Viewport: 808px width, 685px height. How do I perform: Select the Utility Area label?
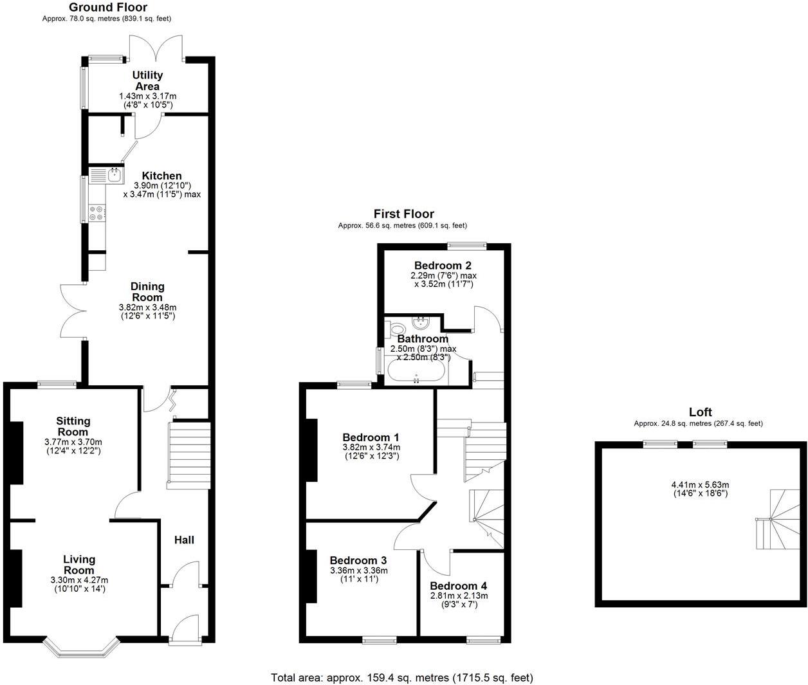(147, 80)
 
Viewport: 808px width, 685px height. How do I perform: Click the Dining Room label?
(148, 292)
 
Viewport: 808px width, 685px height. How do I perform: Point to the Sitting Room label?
(73, 426)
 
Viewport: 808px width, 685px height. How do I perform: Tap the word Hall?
(184, 540)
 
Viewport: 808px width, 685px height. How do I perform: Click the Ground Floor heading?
(108, 8)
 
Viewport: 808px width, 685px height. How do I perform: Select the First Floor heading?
(404, 214)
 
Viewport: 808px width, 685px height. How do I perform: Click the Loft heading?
(701, 412)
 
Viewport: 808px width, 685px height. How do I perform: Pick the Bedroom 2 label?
(443, 266)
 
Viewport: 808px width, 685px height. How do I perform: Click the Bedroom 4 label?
(458, 586)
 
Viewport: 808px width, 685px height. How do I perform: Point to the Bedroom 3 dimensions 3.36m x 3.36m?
(359, 571)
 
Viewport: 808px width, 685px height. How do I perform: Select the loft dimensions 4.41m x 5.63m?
(700, 485)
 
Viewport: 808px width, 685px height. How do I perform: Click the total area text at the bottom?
(402, 677)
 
